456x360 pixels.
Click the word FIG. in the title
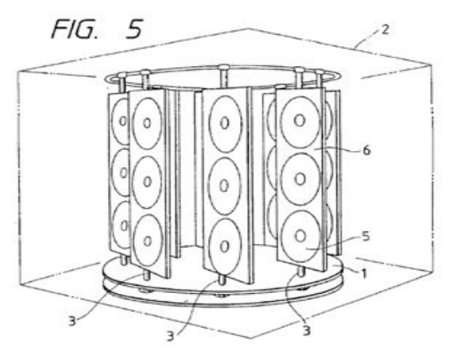tap(75, 29)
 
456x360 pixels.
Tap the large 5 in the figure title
tap(135, 29)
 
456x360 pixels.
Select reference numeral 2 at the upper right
tap(385, 29)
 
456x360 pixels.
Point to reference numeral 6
tap(367, 150)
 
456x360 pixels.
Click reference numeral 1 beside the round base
tap(363, 273)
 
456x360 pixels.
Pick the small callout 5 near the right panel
tap(366, 236)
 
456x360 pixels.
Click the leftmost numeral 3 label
tap(72, 322)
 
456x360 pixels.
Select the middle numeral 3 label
tap(170, 336)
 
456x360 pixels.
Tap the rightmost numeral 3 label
tap(306, 331)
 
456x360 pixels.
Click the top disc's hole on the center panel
tap(225, 123)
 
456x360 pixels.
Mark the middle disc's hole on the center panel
tap(224, 186)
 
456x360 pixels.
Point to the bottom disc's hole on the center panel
tap(224, 247)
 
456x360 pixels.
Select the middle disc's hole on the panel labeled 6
tap(300, 179)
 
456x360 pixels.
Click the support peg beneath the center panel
tap(221, 280)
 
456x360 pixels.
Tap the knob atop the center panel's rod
tap(222, 67)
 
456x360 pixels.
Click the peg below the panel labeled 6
tap(302, 272)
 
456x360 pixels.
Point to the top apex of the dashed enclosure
tap(249, 29)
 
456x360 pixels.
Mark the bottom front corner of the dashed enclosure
tap(251, 338)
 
